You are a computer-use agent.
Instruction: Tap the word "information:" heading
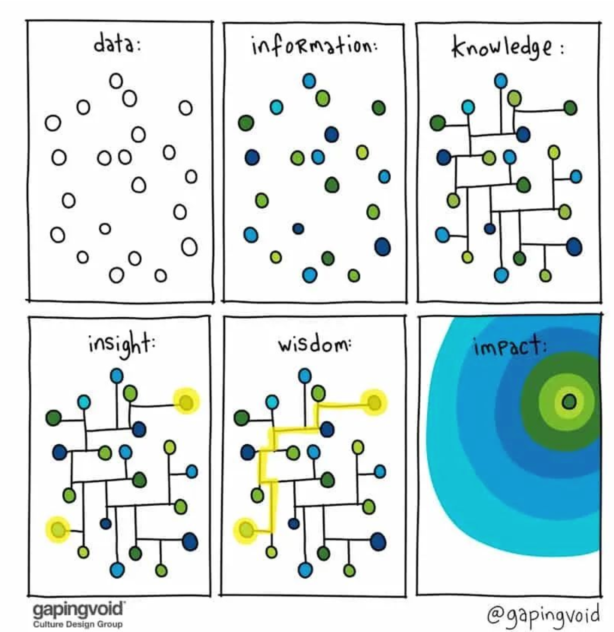tap(315, 49)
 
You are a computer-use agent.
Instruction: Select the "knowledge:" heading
tap(507, 49)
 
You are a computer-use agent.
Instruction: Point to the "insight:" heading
tap(122, 345)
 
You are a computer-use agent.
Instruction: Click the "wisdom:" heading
tap(314, 345)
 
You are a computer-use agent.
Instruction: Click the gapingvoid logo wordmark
tap(79, 609)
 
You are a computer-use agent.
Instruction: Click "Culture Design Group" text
tap(78, 624)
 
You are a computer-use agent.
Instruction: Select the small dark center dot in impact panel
tap(569, 402)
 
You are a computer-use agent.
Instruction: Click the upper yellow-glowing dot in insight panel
tap(186, 403)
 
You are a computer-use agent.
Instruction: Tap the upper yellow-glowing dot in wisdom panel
tap(374, 403)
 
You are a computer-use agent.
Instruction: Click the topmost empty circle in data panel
tap(116, 81)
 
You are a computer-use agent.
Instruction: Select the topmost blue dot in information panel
tap(309, 81)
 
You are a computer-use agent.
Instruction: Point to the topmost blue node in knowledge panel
tap(501, 81)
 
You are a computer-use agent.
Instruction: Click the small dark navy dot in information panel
tap(298, 228)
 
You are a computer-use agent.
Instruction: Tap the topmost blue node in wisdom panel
tap(304, 376)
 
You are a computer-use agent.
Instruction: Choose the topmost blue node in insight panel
tap(117, 376)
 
